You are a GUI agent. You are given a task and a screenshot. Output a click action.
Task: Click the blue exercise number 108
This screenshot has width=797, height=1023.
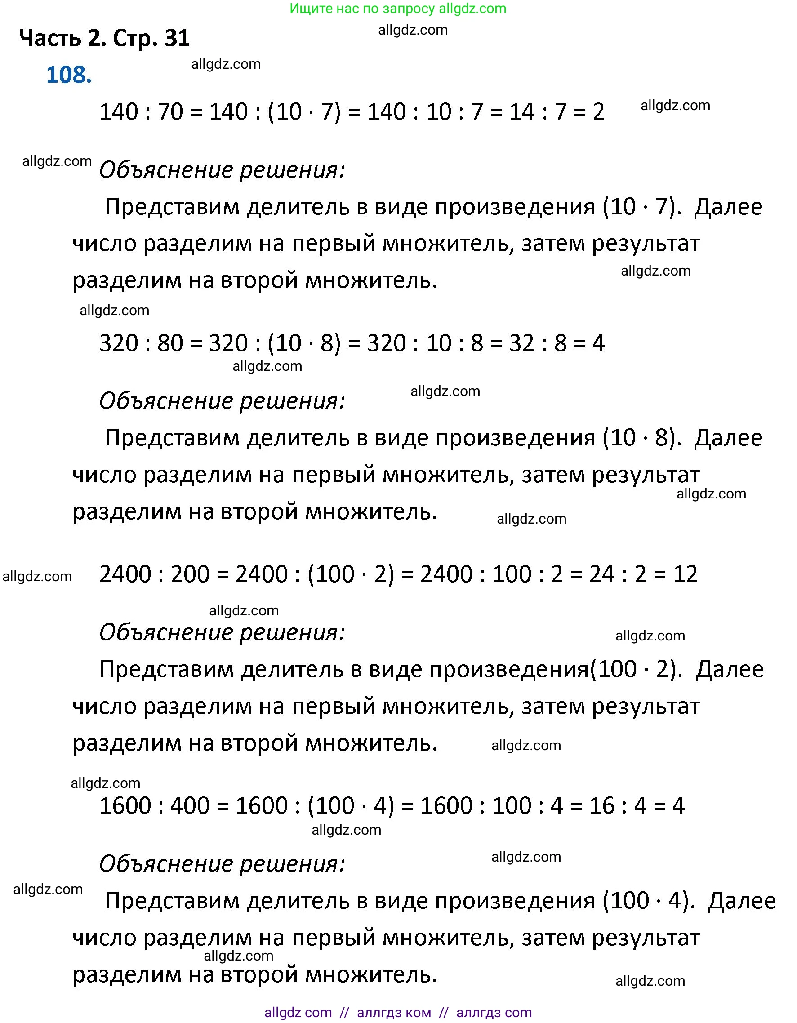pos(69,75)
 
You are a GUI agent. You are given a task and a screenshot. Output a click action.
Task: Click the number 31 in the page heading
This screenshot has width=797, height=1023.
pos(177,38)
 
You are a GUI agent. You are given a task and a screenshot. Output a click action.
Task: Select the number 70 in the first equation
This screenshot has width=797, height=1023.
pos(170,112)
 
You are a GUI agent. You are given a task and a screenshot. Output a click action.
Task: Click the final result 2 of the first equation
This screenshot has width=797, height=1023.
pos(598,112)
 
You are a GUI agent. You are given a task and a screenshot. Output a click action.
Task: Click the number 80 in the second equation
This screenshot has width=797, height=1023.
pos(170,343)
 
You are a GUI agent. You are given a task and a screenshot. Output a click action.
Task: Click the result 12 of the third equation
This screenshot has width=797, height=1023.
pos(685,574)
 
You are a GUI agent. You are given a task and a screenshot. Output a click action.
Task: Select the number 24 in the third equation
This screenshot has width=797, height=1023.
pos(601,574)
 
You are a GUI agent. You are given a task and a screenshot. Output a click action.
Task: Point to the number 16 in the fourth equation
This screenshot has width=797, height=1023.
pos(601,805)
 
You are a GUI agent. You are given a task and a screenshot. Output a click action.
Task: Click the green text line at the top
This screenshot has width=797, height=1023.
pos(398,9)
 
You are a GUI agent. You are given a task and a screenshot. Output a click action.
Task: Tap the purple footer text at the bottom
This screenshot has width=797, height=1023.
pos(398,1012)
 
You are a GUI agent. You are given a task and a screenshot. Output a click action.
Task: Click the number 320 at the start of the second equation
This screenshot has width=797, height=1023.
pos(119,343)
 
